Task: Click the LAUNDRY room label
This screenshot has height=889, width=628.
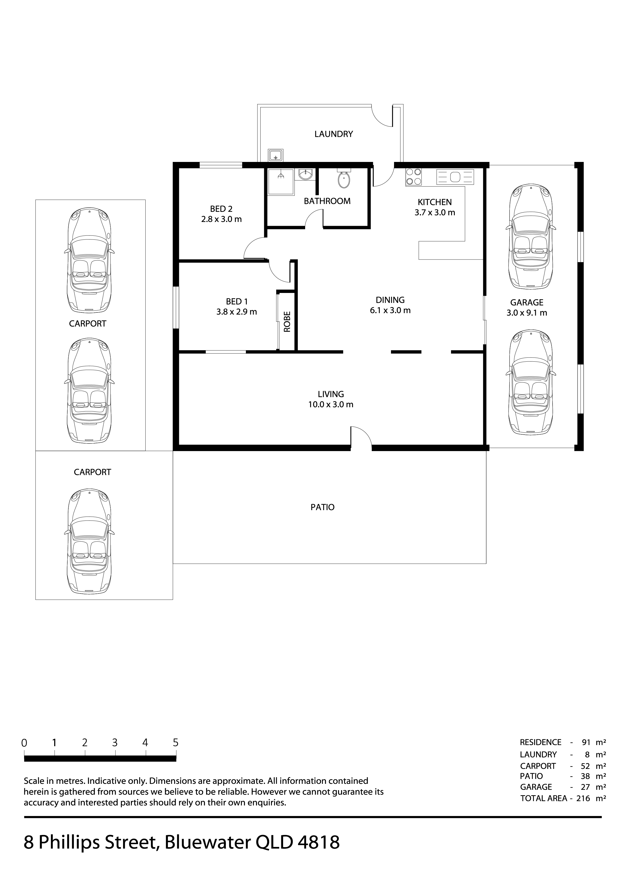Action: [333, 134]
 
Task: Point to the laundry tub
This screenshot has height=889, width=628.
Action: [276, 155]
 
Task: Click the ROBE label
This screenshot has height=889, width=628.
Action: [287, 322]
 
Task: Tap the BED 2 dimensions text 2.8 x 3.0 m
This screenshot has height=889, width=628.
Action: [221, 219]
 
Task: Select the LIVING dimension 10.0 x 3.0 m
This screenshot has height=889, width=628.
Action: [331, 405]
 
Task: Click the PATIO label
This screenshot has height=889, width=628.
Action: [322, 507]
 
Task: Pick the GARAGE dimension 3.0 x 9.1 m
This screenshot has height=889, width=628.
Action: [527, 313]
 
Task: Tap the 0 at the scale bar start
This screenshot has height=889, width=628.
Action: [24, 743]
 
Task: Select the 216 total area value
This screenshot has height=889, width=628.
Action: [583, 798]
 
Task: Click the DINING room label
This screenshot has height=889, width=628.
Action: [390, 300]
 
